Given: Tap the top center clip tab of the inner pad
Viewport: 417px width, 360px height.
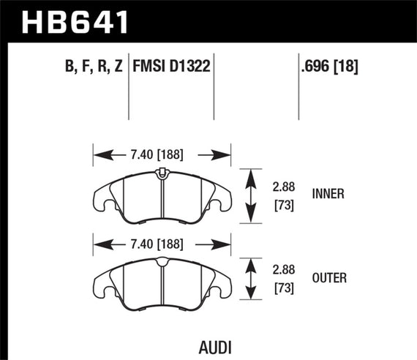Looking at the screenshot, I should tap(160, 173).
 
